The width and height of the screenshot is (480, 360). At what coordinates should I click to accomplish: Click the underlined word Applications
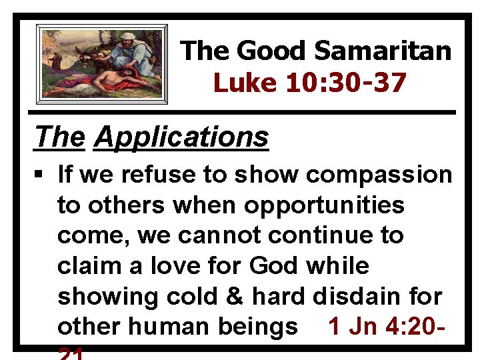point(181,137)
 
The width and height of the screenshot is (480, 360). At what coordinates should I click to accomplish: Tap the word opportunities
point(324,205)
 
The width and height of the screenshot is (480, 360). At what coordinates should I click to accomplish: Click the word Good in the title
point(271,50)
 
